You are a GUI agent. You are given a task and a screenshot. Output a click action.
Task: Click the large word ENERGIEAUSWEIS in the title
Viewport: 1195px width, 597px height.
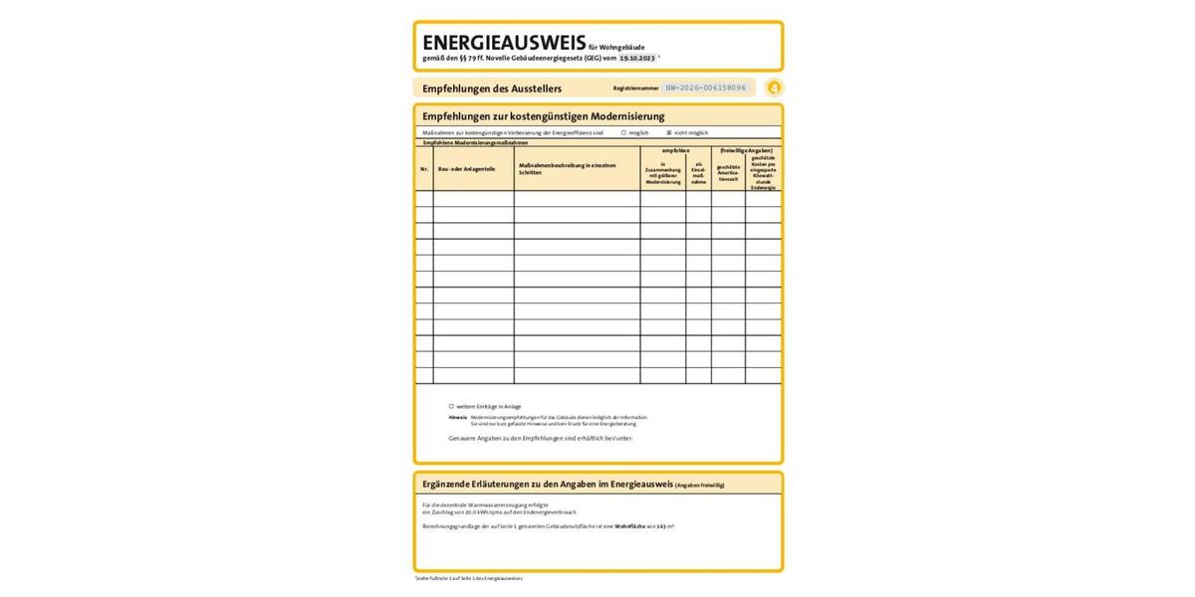[x=504, y=43]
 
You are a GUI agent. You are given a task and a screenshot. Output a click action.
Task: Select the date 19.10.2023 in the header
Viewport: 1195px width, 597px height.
[x=637, y=59]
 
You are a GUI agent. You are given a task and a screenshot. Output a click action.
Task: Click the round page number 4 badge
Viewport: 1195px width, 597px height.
[x=774, y=88]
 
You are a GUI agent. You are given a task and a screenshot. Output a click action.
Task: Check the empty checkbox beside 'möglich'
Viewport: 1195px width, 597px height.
[x=623, y=132]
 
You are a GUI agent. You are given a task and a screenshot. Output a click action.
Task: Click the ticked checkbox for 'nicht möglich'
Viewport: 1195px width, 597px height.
[x=669, y=132]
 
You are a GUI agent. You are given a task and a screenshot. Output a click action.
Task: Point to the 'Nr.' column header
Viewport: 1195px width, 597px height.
[x=424, y=169]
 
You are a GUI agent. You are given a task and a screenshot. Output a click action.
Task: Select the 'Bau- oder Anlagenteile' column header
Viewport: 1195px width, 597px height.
[x=466, y=169]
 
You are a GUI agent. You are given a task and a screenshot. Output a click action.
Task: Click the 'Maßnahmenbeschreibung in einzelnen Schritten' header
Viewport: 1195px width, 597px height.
[x=568, y=169]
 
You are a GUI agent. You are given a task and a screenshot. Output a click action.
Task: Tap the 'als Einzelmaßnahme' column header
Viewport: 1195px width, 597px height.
[x=698, y=173]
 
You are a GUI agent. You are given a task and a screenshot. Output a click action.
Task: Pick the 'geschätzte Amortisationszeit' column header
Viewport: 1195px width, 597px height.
[x=728, y=173]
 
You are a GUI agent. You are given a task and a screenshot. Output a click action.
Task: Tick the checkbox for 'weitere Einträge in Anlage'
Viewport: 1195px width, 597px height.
[x=451, y=406]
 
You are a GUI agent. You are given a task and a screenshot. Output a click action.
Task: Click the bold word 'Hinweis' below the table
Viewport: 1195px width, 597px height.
[x=458, y=417]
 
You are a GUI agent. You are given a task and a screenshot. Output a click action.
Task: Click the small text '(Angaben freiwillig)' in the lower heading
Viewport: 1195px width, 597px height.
[x=700, y=485]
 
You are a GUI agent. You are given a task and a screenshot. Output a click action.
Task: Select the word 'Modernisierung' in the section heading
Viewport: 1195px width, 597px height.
[x=627, y=116]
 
